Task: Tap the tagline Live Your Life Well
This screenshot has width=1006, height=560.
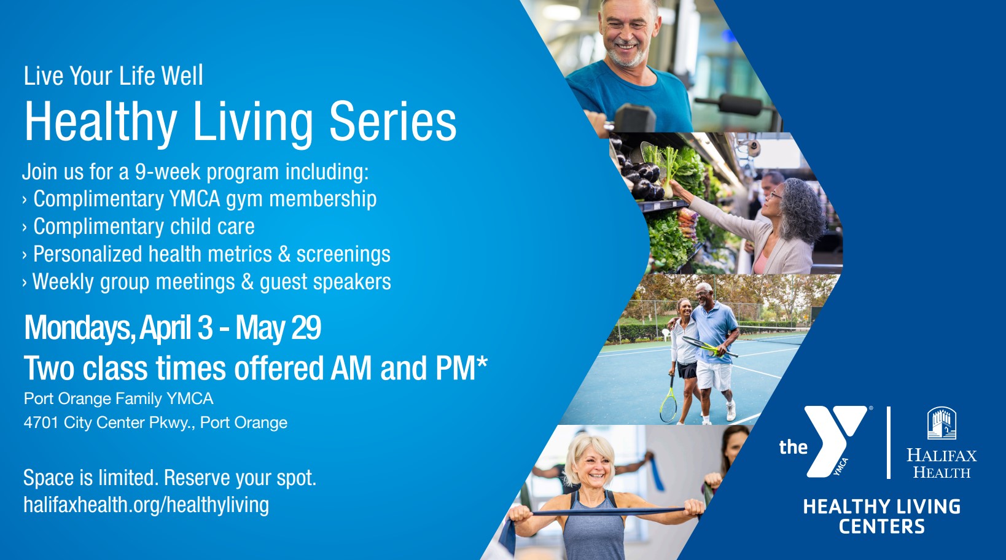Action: tap(114, 76)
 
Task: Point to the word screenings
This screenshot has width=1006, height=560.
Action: tap(343, 255)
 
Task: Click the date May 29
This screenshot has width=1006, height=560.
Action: tap(278, 328)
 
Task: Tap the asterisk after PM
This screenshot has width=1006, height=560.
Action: tap(482, 362)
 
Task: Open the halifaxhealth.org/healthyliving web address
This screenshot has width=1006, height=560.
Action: tap(146, 505)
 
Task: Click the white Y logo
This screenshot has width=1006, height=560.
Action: tap(835, 441)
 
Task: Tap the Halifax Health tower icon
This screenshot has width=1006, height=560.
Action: tap(942, 423)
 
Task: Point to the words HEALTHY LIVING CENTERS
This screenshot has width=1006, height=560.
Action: tap(881, 516)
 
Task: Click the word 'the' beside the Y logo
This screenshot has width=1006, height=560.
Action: tap(793, 447)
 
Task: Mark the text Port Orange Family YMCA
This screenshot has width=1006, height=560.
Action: tap(119, 399)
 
